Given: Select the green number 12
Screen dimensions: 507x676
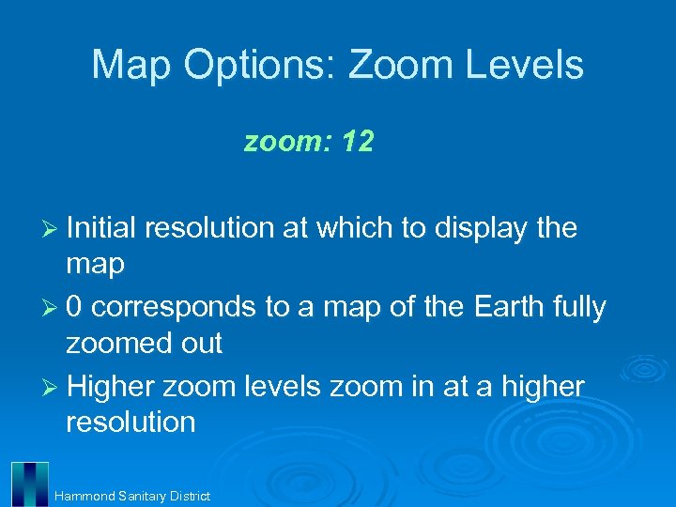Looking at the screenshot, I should coord(358,143).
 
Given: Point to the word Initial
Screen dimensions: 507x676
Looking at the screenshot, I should coord(101,228).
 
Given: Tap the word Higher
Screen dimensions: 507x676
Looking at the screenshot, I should coord(111,387).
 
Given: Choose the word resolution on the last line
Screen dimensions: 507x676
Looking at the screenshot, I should coord(131,422).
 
